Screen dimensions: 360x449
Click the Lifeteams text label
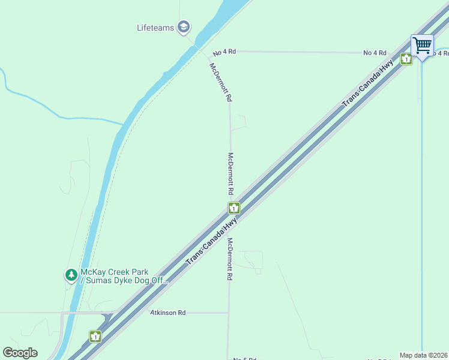tap(155, 27)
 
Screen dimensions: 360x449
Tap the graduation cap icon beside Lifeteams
tap(184, 27)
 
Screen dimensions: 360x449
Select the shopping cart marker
tap(422, 45)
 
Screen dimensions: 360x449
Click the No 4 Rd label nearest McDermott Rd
tap(224, 52)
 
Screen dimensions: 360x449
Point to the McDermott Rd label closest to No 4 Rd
tap(220, 82)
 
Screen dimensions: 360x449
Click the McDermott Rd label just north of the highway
tap(231, 173)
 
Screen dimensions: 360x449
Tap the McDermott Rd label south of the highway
tap(229, 260)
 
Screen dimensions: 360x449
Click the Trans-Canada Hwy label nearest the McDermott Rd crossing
tap(212, 241)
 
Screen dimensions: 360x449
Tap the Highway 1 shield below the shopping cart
tap(406, 59)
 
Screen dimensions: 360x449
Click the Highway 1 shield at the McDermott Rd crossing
tap(234, 208)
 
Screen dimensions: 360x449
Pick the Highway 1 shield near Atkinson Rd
tap(95, 336)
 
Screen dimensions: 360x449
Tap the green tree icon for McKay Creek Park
tap(71, 275)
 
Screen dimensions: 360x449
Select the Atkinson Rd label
tap(168, 313)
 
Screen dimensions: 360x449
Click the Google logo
tap(20, 353)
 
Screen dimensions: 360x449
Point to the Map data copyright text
tap(423, 355)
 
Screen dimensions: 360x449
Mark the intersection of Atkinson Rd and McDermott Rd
tap(229, 313)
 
